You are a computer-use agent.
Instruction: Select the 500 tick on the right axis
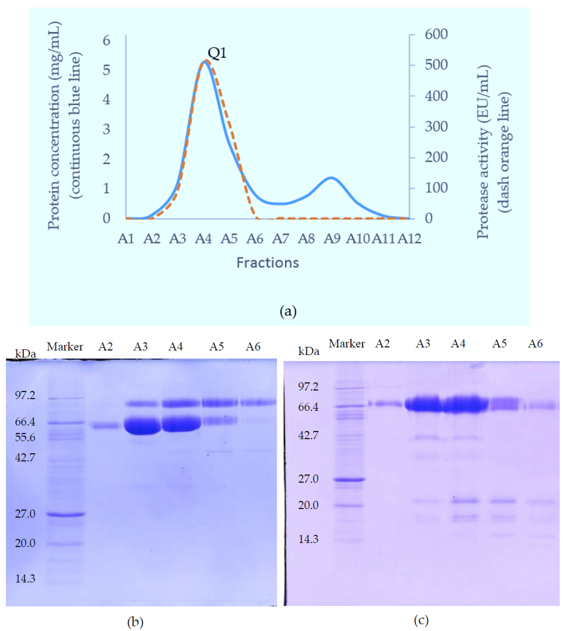coord(436,65)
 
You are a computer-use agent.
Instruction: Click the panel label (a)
coord(288,311)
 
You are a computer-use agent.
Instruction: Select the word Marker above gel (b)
coord(65,347)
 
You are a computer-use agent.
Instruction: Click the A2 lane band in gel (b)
coord(105,426)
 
